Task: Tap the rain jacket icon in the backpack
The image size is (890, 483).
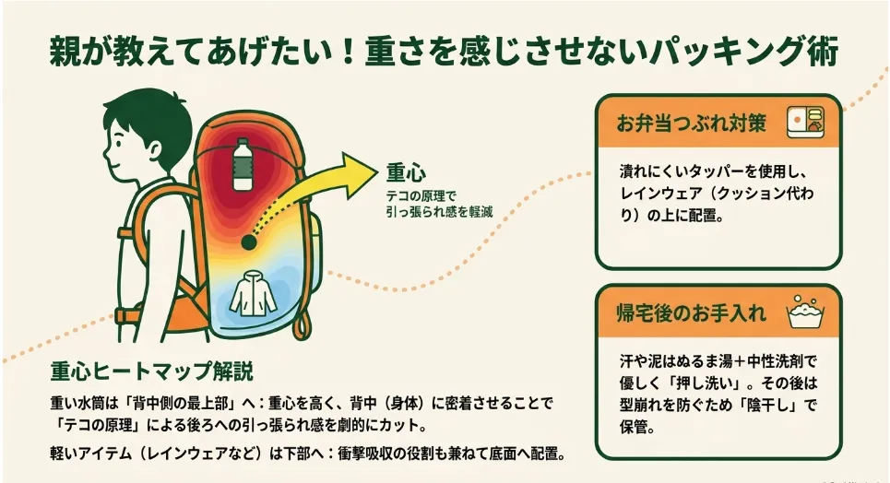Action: point(253,293)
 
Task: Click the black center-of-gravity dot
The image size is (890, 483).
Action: point(249,242)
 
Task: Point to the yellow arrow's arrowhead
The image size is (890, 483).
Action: point(359,169)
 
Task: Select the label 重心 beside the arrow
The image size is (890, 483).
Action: point(406,172)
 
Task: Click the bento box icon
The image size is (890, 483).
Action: point(805,122)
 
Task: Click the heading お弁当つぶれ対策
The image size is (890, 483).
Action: point(692,124)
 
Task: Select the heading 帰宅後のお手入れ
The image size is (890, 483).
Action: point(692,312)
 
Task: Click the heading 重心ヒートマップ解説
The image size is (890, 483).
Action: point(151,371)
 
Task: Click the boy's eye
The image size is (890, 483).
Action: point(117,139)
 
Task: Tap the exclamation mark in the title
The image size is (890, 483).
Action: point(348,53)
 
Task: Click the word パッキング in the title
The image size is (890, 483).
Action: point(724,52)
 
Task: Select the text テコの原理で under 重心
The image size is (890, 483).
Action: point(421,196)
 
